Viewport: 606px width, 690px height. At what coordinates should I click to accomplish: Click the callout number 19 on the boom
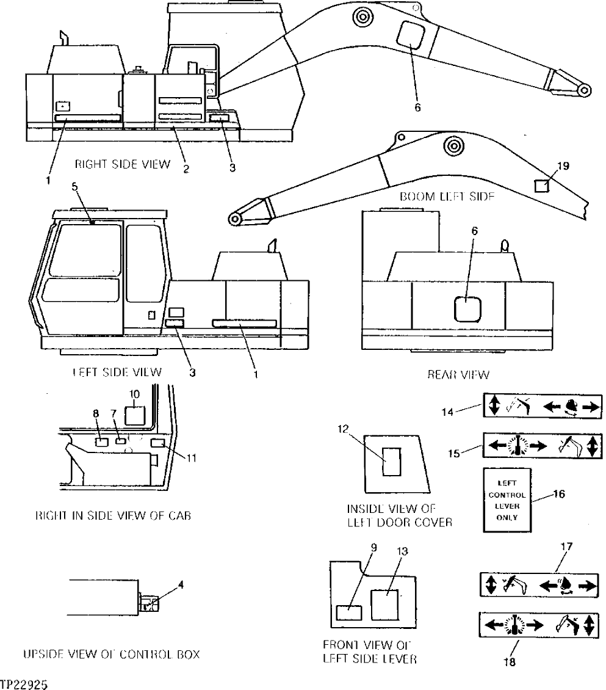click(x=563, y=166)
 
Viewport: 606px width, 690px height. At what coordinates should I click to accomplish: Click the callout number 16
click(x=558, y=495)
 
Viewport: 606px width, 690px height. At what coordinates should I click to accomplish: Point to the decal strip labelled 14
click(x=543, y=405)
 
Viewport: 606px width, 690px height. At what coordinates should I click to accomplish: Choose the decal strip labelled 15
click(x=543, y=445)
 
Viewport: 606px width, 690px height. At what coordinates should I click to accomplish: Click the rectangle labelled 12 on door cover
click(x=390, y=460)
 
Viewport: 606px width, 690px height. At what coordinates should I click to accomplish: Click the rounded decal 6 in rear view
click(x=467, y=308)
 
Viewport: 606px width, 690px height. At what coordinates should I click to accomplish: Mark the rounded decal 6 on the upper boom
click(x=410, y=36)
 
